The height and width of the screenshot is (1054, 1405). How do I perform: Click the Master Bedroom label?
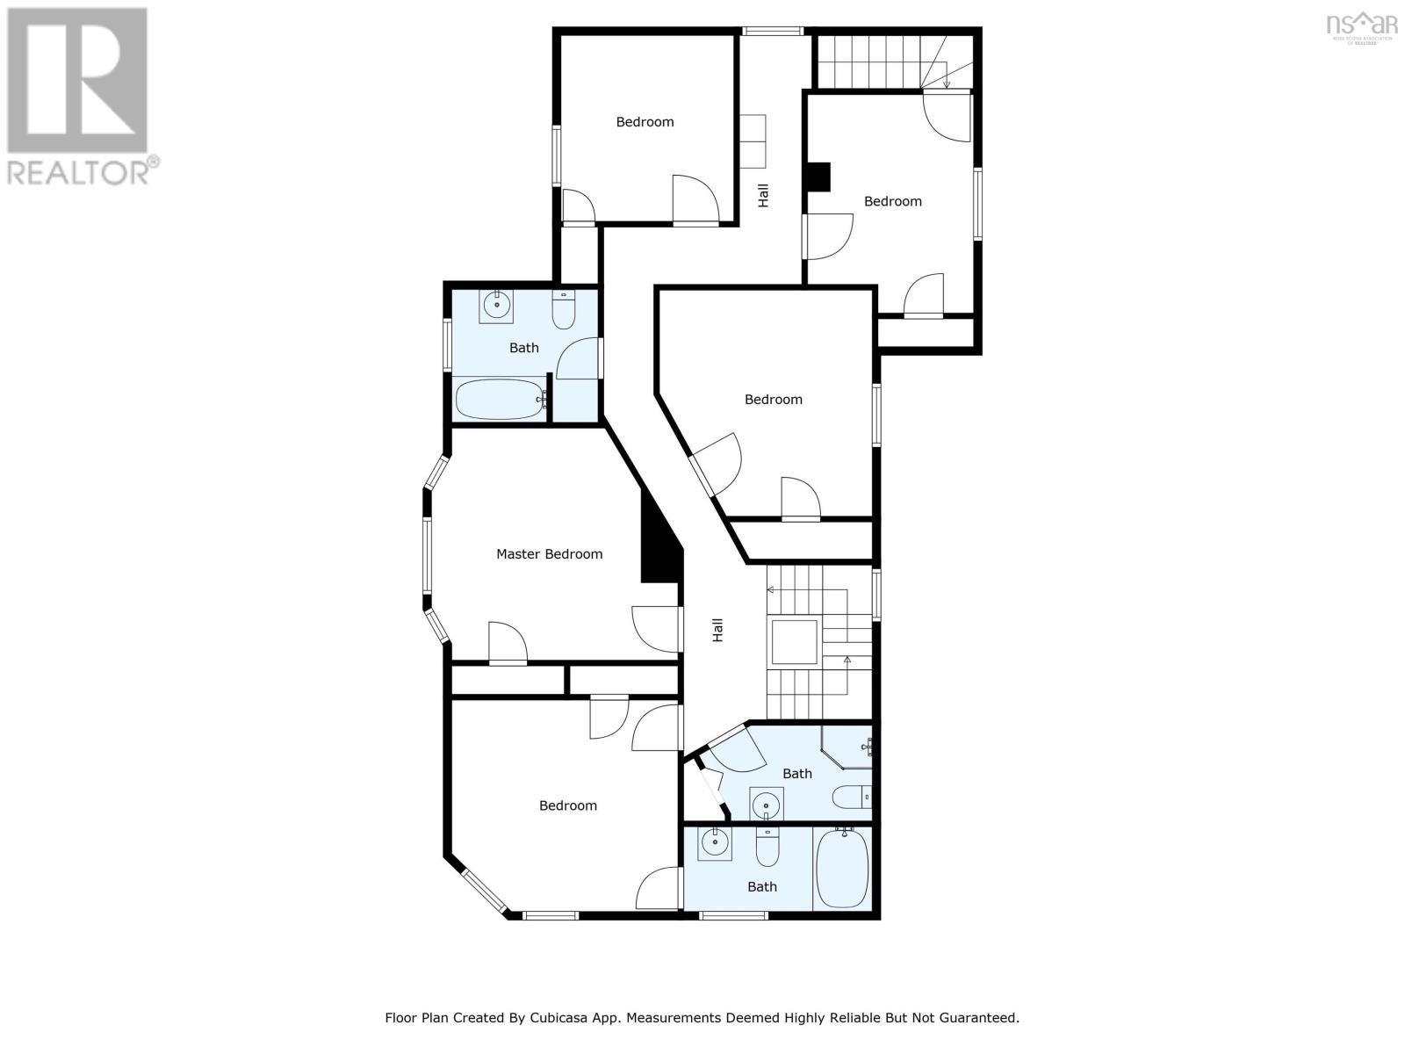[549, 554]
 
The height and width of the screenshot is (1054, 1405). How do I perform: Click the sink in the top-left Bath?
[497, 307]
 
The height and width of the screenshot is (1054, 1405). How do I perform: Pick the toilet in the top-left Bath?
[564, 309]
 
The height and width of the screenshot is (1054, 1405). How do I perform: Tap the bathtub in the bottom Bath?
[842, 869]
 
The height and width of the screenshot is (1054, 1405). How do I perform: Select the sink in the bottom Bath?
[715, 844]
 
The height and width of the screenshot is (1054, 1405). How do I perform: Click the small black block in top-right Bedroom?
[818, 177]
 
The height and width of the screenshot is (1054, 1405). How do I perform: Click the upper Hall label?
[763, 195]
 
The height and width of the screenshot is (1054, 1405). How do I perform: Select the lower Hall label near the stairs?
[717, 629]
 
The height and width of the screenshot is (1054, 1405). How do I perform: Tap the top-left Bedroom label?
[645, 122]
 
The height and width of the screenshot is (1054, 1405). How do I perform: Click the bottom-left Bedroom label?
[567, 805]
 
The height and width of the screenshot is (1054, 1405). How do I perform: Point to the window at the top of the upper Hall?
[772, 31]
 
